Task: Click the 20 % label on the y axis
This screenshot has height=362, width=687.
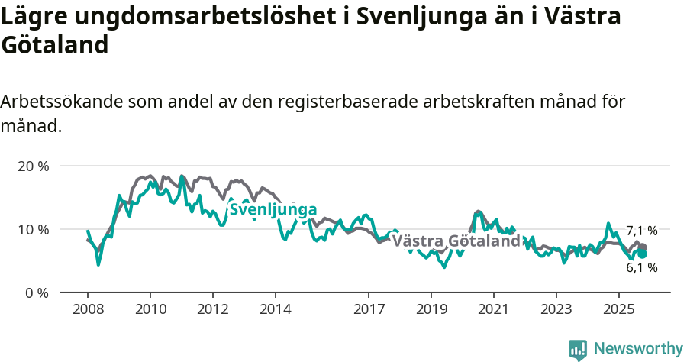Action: [x=32, y=166]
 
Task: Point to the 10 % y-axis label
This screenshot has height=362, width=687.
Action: [x=32, y=229]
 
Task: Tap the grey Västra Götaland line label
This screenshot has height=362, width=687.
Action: [x=456, y=241]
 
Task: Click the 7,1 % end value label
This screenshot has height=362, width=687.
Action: [x=641, y=231]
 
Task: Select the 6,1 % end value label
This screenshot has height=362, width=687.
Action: [x=641, y=268]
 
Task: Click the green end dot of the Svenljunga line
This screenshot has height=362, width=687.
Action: [x=642, y=254]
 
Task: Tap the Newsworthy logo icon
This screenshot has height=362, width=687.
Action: [x=578, y=349]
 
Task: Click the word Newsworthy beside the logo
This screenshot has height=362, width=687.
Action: [x=637, y=349]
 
